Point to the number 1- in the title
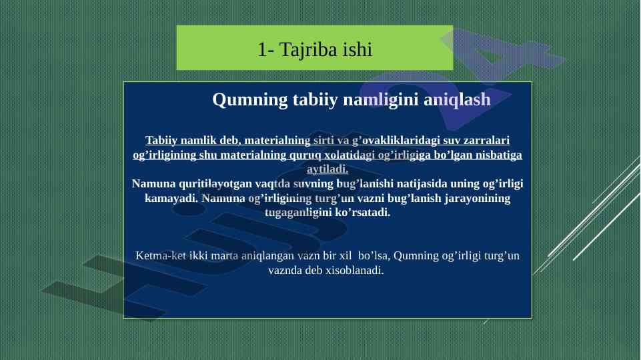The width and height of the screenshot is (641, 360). [x=266, y=50]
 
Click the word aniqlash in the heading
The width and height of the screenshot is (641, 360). [x=457, y=100]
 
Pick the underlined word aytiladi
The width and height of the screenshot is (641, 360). [x=328, y=169]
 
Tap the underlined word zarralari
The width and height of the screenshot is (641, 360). [x=486, y=140]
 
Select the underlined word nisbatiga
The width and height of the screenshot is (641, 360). [x=498, y=155]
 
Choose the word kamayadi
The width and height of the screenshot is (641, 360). [x=171, y=198]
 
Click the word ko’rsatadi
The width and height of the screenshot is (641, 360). [x=363, y=213]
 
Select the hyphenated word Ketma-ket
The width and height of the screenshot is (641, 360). [x=161, y=256]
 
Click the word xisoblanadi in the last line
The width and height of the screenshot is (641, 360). [x=355, y=270]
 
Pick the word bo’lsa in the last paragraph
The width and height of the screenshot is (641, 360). [x=374, y=256]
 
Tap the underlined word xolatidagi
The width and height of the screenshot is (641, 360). [x=350, y=155]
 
